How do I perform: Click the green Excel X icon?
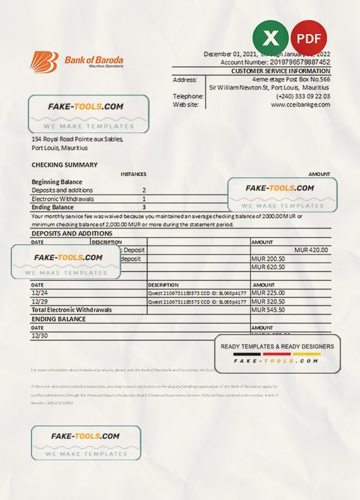click(x=270, y=37)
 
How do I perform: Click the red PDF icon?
click(x=309, y=37)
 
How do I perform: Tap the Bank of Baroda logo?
click(x=76, y=62)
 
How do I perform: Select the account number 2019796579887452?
click(x=291, y=63)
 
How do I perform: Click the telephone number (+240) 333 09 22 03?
click(x=303, y=96)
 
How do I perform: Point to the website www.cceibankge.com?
click(x=301, y=105)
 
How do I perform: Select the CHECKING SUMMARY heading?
click(x=64, y=165)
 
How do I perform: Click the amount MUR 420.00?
click(x=311, y=250)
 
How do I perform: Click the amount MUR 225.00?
click(x=268, y=293)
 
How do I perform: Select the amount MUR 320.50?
click(x=268, y=302)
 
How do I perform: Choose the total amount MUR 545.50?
click(x=268, y=310)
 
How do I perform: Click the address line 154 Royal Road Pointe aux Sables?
click(x=77, y=140)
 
